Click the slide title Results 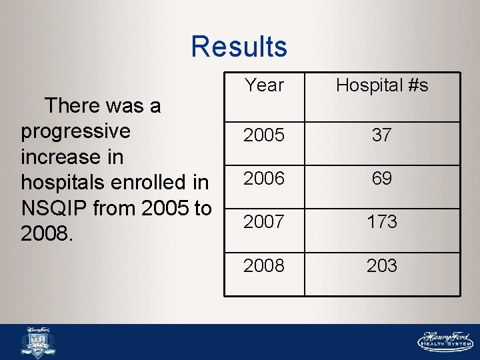tap(239, 47)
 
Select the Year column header tap(264, 85)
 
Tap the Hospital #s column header tap(382, 85)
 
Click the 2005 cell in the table tap(264, 135)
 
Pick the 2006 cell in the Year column tap(264, 179)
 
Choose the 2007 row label tap(264, 222)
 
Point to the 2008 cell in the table tap(264, 265)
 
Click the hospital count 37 tap(382, 135)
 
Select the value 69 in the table tap(382, 179)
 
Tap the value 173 tap(382, 222)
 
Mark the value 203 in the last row tap(382, 265)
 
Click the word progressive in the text tap(75, 131)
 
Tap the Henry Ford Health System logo tap(445, 341)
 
